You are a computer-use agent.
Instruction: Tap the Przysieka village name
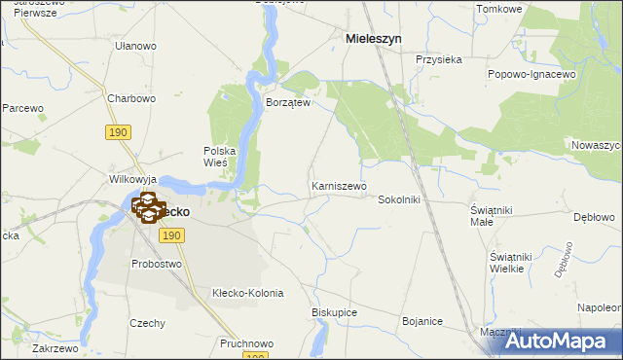(438, 59)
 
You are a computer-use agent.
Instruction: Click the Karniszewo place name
(339, 185)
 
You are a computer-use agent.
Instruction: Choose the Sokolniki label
(398, 199)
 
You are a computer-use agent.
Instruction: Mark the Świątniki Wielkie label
(508, 262)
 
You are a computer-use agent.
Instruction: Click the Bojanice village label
(422, 321)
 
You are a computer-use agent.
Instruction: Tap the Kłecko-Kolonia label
(247, 293)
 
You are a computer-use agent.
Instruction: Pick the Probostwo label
(157, 264)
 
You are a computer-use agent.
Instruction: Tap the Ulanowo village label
(135, 46)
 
